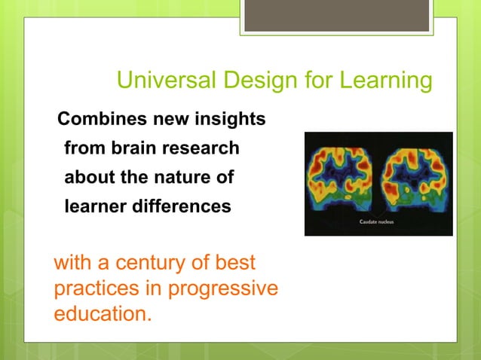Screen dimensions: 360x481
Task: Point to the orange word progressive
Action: (225, 288)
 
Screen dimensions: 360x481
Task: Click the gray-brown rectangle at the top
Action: (336, 15)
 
